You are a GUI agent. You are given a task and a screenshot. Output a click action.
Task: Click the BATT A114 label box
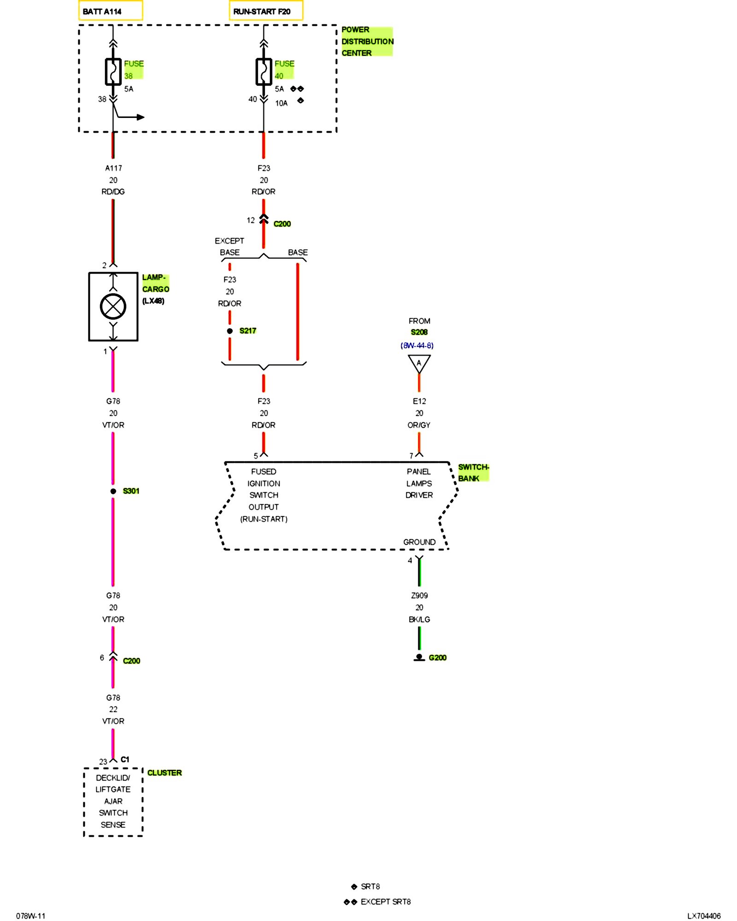(110, 11)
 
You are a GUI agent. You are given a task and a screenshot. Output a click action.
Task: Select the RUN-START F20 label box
(266, 11)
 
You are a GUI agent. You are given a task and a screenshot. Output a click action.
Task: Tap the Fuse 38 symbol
(113, 72)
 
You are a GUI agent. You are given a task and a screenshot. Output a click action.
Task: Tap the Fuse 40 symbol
(263, 72)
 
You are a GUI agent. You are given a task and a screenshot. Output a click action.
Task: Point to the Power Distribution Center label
(367, 41)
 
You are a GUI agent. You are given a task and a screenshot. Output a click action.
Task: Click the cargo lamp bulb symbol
(113, 306)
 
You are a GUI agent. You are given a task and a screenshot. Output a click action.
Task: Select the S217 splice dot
(230, 331)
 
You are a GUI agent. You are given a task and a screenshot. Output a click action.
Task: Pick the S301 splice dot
(113, 491)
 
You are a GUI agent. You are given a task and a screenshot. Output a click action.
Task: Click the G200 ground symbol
(419, 658)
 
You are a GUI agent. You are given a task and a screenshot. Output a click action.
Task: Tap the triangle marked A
(419, 363)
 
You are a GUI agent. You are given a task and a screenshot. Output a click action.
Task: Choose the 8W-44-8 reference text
(417, 345)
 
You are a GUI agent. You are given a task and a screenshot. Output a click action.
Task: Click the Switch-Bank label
(473, 472)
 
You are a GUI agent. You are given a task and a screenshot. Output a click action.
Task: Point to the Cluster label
(164, 773)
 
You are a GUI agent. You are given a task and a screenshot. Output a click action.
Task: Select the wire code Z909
(419, 595)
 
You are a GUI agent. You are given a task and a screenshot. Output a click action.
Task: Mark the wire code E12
(419, 401)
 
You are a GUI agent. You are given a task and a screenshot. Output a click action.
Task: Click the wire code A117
(113, 168)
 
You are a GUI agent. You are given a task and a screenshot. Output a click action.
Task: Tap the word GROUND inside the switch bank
(419, 542)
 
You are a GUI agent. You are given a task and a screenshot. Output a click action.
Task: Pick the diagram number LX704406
(703, 916)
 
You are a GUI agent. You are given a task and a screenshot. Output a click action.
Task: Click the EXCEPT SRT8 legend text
(386, 902)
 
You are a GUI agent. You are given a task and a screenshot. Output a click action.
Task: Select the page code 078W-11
(31, 916)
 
